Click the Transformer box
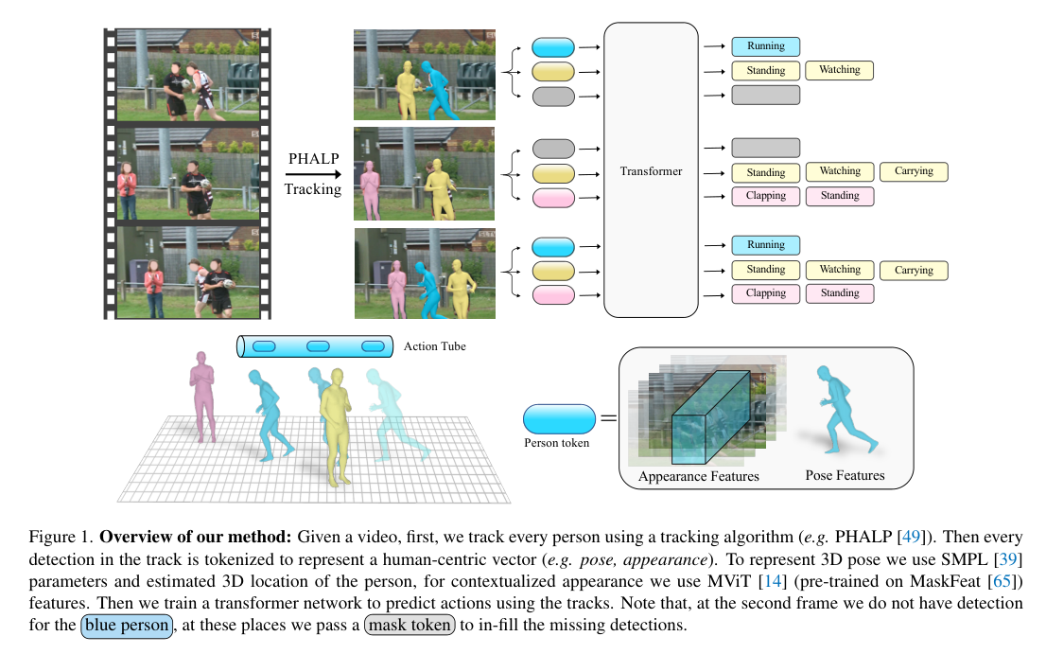pos(651,170)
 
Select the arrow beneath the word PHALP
pos(313,173)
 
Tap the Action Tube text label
pos(434,346)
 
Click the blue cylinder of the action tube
pos(314,346)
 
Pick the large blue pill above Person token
pos(559,417)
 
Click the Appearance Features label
pos(698,476)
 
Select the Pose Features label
pos(845,475)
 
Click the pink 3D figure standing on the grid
pos(202,395)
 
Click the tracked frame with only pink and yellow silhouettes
pos(424,174)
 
